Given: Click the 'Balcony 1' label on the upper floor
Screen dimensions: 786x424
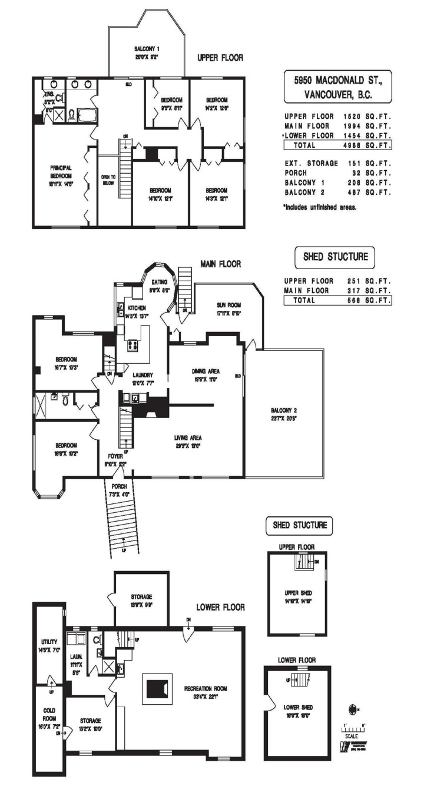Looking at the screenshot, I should point(147,52).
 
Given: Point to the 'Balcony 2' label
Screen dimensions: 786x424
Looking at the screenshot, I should point(284,414).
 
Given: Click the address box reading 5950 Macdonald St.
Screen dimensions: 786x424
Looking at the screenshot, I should point(337,87).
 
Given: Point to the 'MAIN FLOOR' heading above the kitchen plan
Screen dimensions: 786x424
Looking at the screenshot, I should point(220,264).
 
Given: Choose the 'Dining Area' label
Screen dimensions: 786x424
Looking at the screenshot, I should point(206,375).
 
